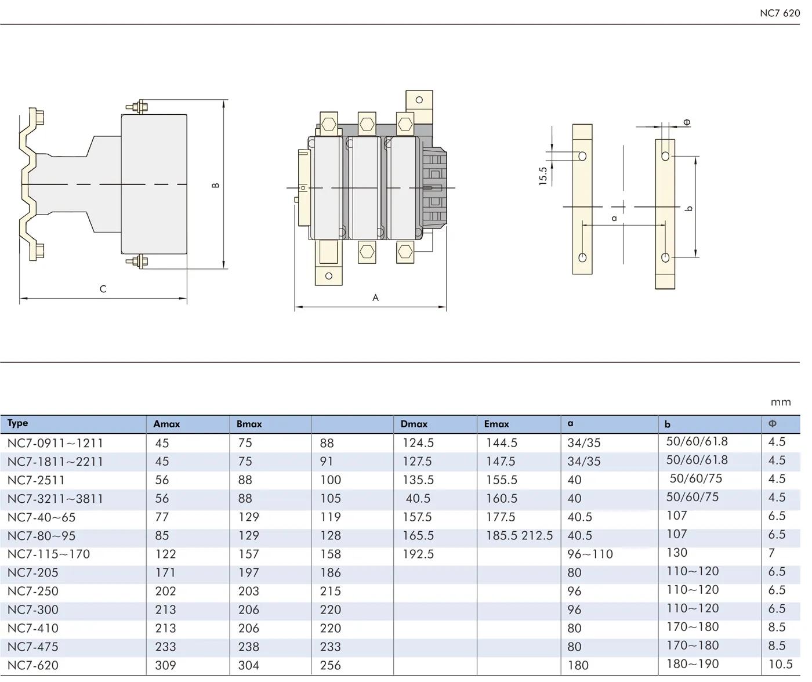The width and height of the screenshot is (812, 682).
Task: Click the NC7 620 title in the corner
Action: pos(780,13)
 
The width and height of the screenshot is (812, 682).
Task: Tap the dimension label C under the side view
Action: pos(103,289)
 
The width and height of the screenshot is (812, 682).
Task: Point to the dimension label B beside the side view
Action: pos(216,186)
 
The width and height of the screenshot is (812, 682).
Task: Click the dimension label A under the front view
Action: pos(376,298)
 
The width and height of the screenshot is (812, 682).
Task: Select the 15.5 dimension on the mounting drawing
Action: pos(543,176)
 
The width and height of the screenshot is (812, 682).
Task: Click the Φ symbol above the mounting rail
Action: pos(687,122)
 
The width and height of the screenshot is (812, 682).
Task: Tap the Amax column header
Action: pos(166,425)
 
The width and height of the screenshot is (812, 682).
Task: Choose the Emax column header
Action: pos(496,425)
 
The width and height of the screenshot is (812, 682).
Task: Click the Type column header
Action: pos(18,423)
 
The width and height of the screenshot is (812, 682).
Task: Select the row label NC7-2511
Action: pos(37,480)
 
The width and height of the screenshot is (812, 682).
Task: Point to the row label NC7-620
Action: pos(33,666)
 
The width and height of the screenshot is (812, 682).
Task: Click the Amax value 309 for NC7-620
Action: pos(165,666)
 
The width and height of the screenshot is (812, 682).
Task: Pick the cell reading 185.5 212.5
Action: pos(519,536)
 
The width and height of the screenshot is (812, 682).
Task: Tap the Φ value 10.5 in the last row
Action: pos(780,665)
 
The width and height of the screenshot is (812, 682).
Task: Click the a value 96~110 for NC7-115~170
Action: pos(590,554)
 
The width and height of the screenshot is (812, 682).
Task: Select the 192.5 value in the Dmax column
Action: pos(418,554)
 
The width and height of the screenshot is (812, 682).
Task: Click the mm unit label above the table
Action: pos(781,402)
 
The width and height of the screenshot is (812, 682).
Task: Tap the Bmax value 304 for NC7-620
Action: pos(248,666)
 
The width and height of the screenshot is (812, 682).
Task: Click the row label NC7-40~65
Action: pos(42,517)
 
